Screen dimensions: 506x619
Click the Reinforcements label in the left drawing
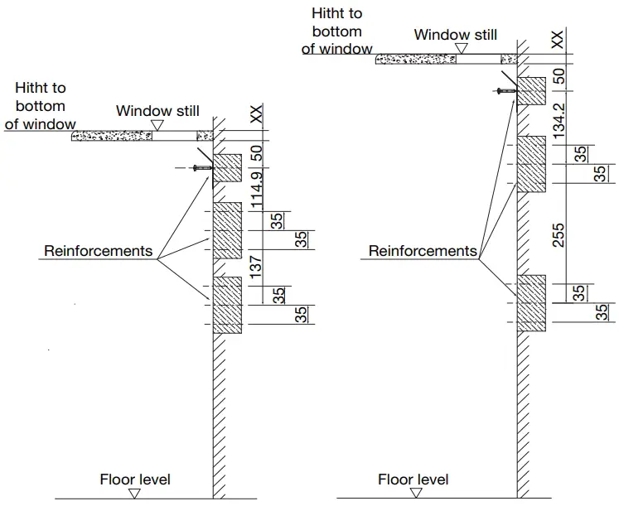pos(99,250)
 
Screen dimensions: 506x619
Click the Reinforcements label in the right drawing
pos(423,250)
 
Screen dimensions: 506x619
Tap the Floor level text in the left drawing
pos(135,479)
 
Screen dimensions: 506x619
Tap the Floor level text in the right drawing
pos(413,479)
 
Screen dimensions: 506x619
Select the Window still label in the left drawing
pos(157,111)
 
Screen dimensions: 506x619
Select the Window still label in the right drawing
pos(456,35)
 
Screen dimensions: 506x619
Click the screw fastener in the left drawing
pos(200,168)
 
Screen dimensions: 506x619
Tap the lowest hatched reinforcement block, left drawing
pos(228,305)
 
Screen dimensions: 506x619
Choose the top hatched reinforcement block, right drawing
pos(531,90)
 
